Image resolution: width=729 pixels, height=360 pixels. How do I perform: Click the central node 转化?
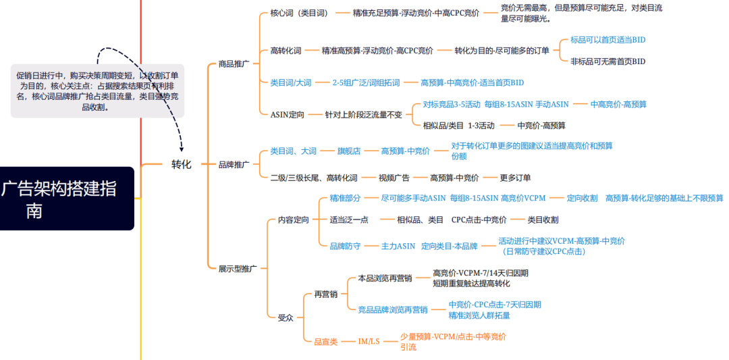pos(182,164)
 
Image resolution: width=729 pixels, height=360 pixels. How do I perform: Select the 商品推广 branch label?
pos(234,64)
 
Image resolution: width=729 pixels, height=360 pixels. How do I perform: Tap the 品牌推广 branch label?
pos(234,164)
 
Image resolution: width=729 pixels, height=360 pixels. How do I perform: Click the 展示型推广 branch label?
pos(238,268)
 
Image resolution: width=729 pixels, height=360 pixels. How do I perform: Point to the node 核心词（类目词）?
pos(300,13)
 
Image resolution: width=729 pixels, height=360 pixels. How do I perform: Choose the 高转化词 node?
pos(286,51)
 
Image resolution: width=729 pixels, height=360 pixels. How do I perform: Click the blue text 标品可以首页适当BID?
pos(608,40)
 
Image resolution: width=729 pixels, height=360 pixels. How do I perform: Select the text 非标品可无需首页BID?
pos(608,61)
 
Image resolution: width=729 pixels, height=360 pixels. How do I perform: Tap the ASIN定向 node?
pos(288,114)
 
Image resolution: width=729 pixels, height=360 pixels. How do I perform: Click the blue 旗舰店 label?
pos(349,151)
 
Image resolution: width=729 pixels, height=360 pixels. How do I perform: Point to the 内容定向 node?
pos(294,220)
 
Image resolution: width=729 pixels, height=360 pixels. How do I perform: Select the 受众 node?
pos(286,318)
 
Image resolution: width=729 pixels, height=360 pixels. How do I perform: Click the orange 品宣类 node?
pos(327,342)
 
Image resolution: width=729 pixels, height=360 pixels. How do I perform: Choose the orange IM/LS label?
pos(369,342)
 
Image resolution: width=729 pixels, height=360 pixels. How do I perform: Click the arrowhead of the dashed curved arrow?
pos(182,147)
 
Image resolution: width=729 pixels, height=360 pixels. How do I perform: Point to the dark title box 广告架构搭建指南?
pos(67,199)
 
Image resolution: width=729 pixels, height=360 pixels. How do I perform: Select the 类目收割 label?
pos(543,220)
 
